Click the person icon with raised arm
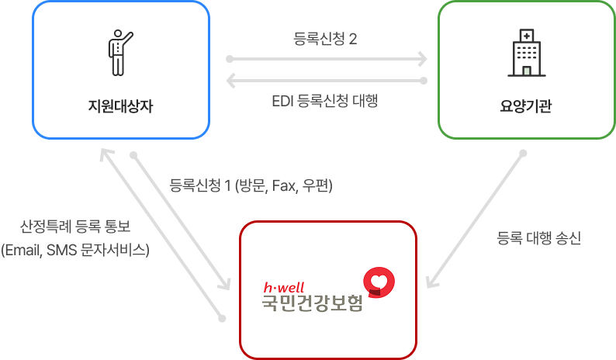point(119,53)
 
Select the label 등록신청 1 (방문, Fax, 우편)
point(251,185)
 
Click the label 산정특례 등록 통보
point(75,227)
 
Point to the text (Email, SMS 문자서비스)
point(75,250)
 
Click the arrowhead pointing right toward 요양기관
point(422,58)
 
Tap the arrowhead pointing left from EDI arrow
point(231,81)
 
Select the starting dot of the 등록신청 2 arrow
point(229,58)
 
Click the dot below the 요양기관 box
point(522,152)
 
